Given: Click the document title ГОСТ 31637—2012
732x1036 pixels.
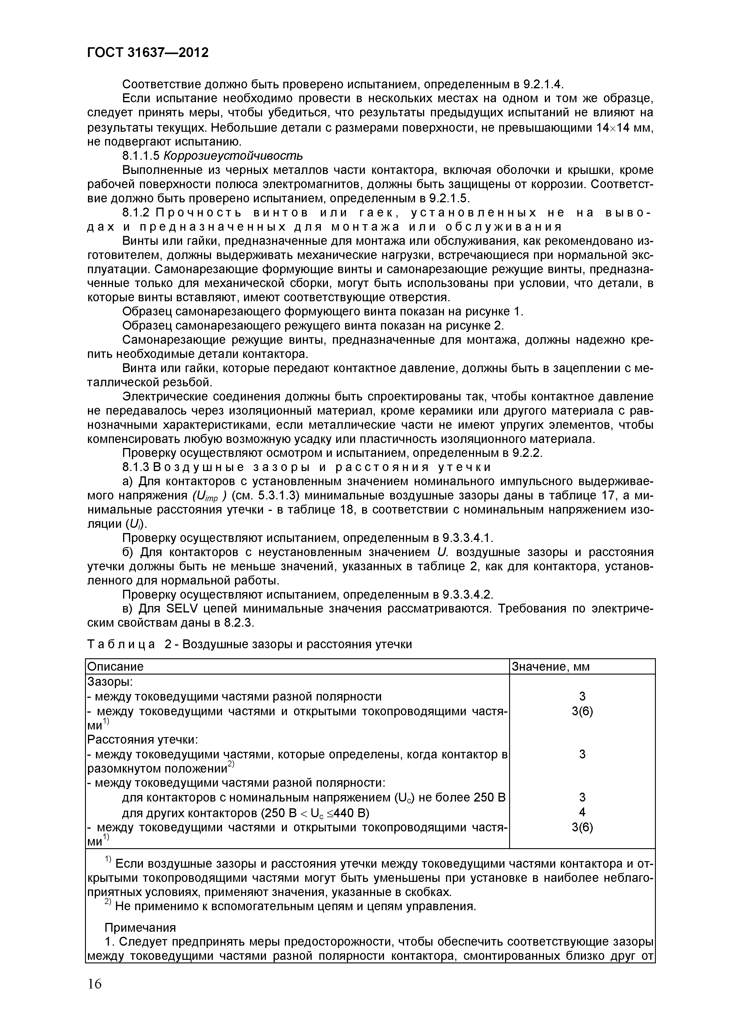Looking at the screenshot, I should (148, 53).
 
